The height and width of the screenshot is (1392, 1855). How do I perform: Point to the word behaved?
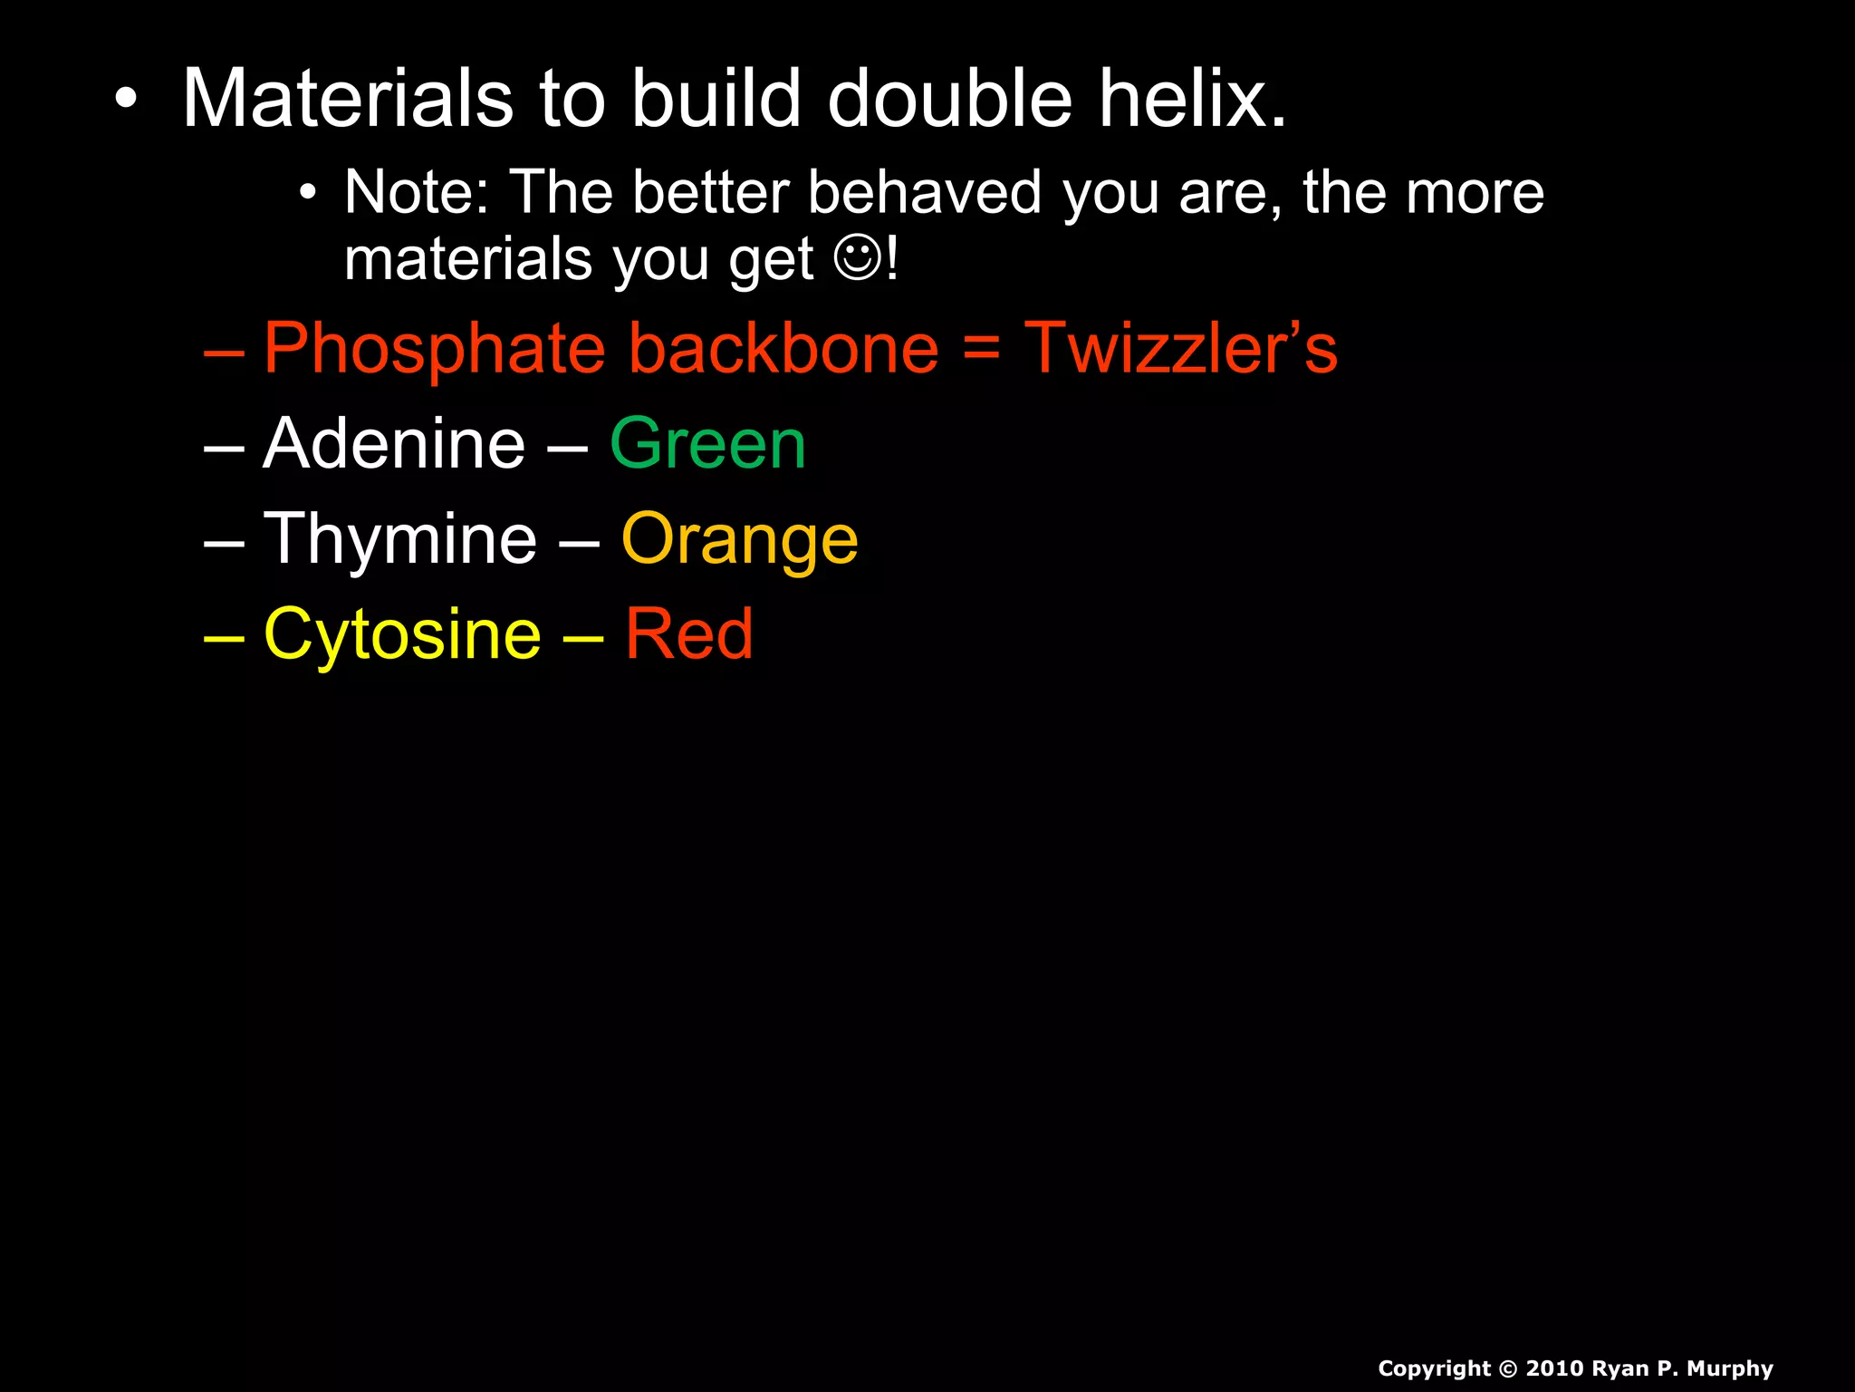tap(925, 192)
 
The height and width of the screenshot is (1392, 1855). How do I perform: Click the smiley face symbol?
tap(857, 259)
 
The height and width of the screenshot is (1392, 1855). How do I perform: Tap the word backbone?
tap(784, 349)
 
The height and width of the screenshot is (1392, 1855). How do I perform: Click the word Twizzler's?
tap(1180, 349)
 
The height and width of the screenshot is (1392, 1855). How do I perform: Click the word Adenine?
tap(394, 444)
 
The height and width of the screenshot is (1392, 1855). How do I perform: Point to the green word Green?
tap(707, 444)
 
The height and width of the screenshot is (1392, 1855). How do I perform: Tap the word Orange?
tap(739, 541)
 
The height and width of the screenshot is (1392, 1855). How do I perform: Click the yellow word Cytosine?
tap(402, 634)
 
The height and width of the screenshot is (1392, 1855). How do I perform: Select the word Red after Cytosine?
tap(688, 634)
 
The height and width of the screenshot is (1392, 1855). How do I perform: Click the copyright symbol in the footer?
tap(1508, 1368)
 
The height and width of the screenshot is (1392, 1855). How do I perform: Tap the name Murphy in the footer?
tap(1729, 1368)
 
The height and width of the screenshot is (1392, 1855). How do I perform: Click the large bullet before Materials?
tap(127, 100)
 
